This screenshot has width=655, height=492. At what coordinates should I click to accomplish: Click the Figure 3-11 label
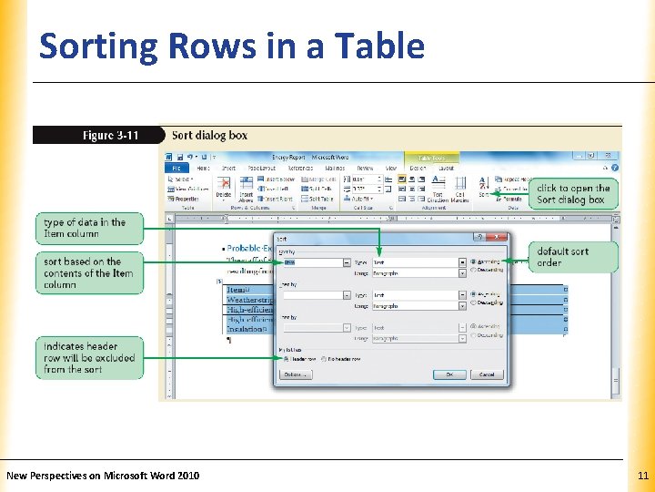click(110, 136)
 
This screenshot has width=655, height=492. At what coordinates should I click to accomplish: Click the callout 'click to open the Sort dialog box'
click(573, 194)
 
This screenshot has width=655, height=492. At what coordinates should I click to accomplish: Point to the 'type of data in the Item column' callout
click(90, 228)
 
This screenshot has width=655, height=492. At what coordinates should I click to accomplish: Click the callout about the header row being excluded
click(90, 357)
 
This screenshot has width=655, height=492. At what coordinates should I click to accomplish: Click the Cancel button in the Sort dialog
click(487, 374)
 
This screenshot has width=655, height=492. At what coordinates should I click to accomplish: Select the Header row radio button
click(287, 359)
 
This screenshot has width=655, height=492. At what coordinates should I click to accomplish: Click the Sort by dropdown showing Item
click(315, 262)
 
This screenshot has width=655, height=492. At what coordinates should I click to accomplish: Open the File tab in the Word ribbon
click(176, 168)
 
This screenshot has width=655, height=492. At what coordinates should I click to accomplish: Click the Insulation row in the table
click(246, 330)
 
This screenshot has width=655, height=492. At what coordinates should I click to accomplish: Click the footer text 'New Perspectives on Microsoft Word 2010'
click(103, 476)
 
